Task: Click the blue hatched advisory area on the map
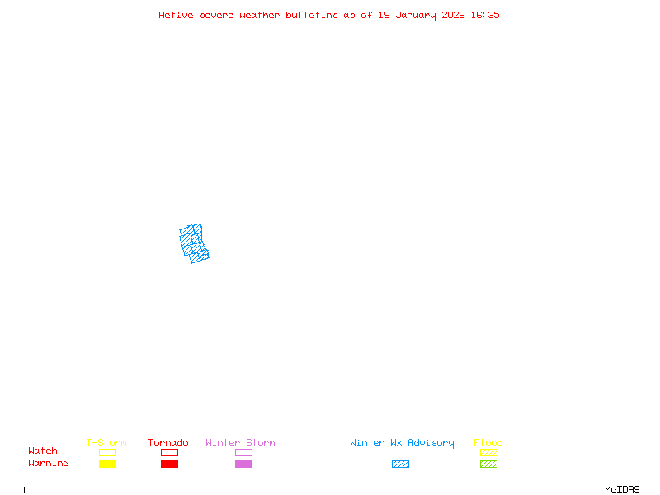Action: point(193,243)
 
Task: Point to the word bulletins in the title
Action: point(312,15)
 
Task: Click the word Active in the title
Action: point(176,15)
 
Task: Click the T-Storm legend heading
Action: point(106,442)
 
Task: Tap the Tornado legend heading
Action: point(168,442)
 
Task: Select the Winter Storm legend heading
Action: point(240,442)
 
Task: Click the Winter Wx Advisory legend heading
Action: point(402,442)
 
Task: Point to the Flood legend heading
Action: point(488,442)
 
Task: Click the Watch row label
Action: point(43,451)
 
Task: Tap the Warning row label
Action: point(49,464)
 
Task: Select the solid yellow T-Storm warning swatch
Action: point(107,464)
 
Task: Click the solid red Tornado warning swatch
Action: point(169,464)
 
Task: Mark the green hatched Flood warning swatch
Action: point(488,464)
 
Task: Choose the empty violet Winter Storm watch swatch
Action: point(243,452)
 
